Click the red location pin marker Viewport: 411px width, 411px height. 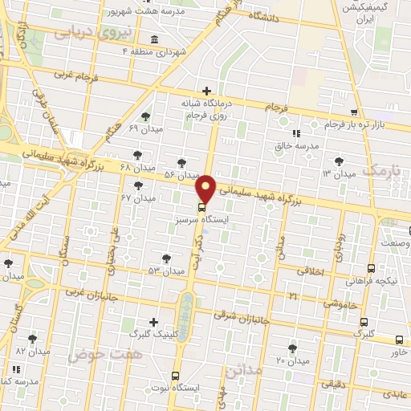(x=206, y=188)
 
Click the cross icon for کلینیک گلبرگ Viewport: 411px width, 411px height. (x=153, y=321)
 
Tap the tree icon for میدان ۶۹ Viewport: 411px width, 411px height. (x=144, y=116)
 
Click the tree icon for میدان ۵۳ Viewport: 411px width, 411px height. (x=166, y=258)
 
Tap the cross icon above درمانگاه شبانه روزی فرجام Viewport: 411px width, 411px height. (x=207, y=91)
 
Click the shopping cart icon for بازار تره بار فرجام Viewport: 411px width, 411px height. (x=354, y=112)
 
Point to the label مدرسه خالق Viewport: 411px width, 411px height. (x=297, y=146)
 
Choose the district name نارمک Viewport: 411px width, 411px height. (x=379, y=170)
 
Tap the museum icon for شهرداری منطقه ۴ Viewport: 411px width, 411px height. (x=154, y=40)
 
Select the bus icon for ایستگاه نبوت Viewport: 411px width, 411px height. (x=176, y=375)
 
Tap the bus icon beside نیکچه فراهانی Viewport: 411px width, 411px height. (x=371, y=269)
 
